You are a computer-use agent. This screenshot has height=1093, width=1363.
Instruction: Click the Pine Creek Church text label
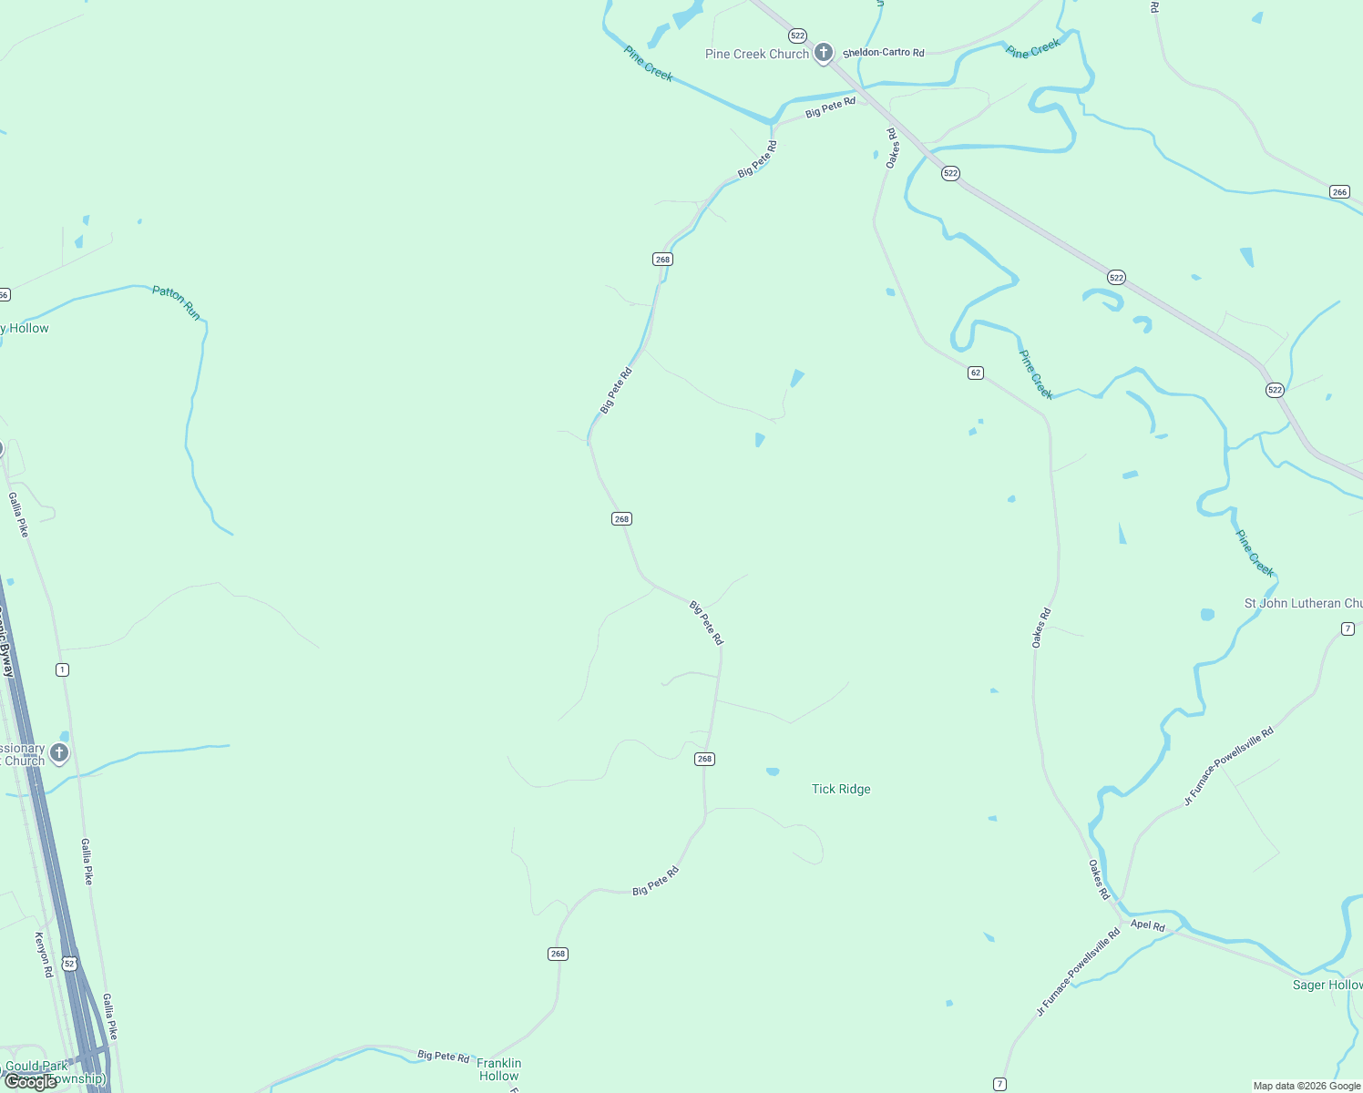[x=756, y=55]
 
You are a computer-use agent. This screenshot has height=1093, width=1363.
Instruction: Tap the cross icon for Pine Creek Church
[x=824, y=53]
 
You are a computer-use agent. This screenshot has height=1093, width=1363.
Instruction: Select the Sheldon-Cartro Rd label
[x=883, y=53]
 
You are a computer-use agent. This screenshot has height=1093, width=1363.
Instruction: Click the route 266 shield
[x=1339, y=191]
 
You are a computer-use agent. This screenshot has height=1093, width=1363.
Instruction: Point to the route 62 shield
[x=976, y=373]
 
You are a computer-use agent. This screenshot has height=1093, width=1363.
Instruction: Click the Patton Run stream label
[x=177, y=302]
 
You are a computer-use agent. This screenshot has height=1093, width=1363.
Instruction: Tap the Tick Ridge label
[x=841, y=790]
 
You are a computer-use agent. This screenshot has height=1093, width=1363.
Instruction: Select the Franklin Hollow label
[x=499, y=1069]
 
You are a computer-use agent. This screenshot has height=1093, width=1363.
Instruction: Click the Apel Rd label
[x=1147, y=925]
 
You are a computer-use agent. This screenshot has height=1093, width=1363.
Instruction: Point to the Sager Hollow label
[x=1327, y=986]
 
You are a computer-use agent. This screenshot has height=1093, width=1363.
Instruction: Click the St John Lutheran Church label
[x=1303, y=604]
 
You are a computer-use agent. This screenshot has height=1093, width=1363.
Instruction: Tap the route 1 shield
[x=62, y=669]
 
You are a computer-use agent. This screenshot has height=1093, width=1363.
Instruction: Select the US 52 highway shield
[x=69, y=963]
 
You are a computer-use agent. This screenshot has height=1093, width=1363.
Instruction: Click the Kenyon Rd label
[x=43, y=955]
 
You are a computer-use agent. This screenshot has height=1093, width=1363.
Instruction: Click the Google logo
[x=31, y=1082]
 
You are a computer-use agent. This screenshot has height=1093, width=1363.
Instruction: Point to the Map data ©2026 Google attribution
[x=1307, y=1086]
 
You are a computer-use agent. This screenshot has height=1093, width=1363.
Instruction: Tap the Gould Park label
[x=36, y=1066]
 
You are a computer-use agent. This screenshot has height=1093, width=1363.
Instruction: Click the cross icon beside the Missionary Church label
[x=59, y=752]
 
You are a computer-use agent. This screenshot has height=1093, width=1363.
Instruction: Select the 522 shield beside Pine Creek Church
[x=798, y=36]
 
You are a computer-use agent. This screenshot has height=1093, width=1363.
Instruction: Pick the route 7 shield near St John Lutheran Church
[x=1348, y=628]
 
